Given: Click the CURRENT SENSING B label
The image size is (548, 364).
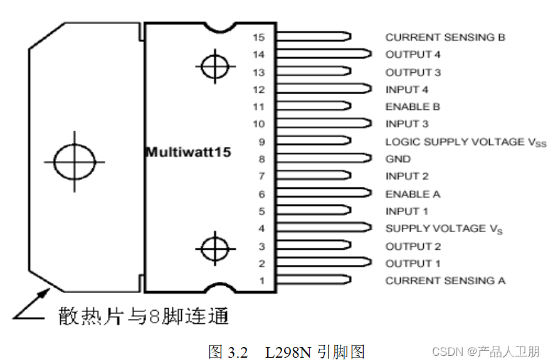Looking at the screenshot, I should pyautogui.click(x=445, y=37).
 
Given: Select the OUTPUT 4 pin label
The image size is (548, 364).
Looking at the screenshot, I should pyautogui.click(x=413, y=55).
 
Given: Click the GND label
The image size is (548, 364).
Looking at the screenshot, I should pyautogui.click(x=398, y=159).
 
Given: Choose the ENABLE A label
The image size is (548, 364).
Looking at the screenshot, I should pyautogui.click(x=413, y=194).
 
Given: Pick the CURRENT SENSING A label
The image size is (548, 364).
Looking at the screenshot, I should pyautogui.click(x=445, y=281).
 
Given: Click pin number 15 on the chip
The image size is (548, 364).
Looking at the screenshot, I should pyautogui.click(x=259, y=37).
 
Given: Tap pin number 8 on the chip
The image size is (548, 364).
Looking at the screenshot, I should pyautogui.click(x=262, y=159).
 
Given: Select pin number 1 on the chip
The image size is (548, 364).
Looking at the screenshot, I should pyautogui.click(x=262, y=281).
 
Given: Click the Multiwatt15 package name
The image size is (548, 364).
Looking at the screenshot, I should pyautogui.click(x=188, y=153).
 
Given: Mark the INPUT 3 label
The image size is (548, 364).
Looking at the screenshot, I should pyautogui.click(x=407, y=124).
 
